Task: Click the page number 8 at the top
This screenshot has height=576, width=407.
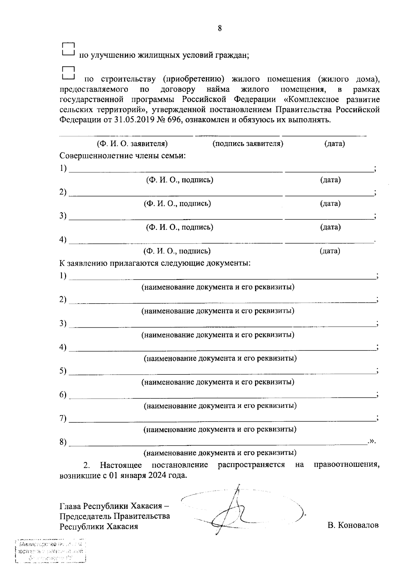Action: tap(220, 28)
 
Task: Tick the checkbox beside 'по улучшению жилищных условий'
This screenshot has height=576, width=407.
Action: tap(68, 50)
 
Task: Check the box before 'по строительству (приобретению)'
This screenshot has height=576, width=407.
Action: tap(68, 73)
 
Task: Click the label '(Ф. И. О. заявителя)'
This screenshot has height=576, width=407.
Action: tap(132, 144)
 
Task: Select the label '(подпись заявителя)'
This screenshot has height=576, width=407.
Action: tap(248, 144)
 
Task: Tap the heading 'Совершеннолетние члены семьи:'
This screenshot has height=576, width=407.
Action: tap(122, 156)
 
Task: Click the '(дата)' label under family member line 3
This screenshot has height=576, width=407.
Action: tap(330, 227)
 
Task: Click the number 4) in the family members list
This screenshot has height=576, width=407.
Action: tap(63, 239)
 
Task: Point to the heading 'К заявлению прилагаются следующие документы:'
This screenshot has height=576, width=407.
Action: tap(155, 263)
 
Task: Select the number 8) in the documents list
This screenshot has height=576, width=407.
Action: tap(63, 442)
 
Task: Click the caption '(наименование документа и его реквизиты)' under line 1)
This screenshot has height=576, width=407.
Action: tap(218, 287)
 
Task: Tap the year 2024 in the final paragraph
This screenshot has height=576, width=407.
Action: tap(156, 475)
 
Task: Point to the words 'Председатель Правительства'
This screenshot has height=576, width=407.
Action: tap(115, 516)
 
